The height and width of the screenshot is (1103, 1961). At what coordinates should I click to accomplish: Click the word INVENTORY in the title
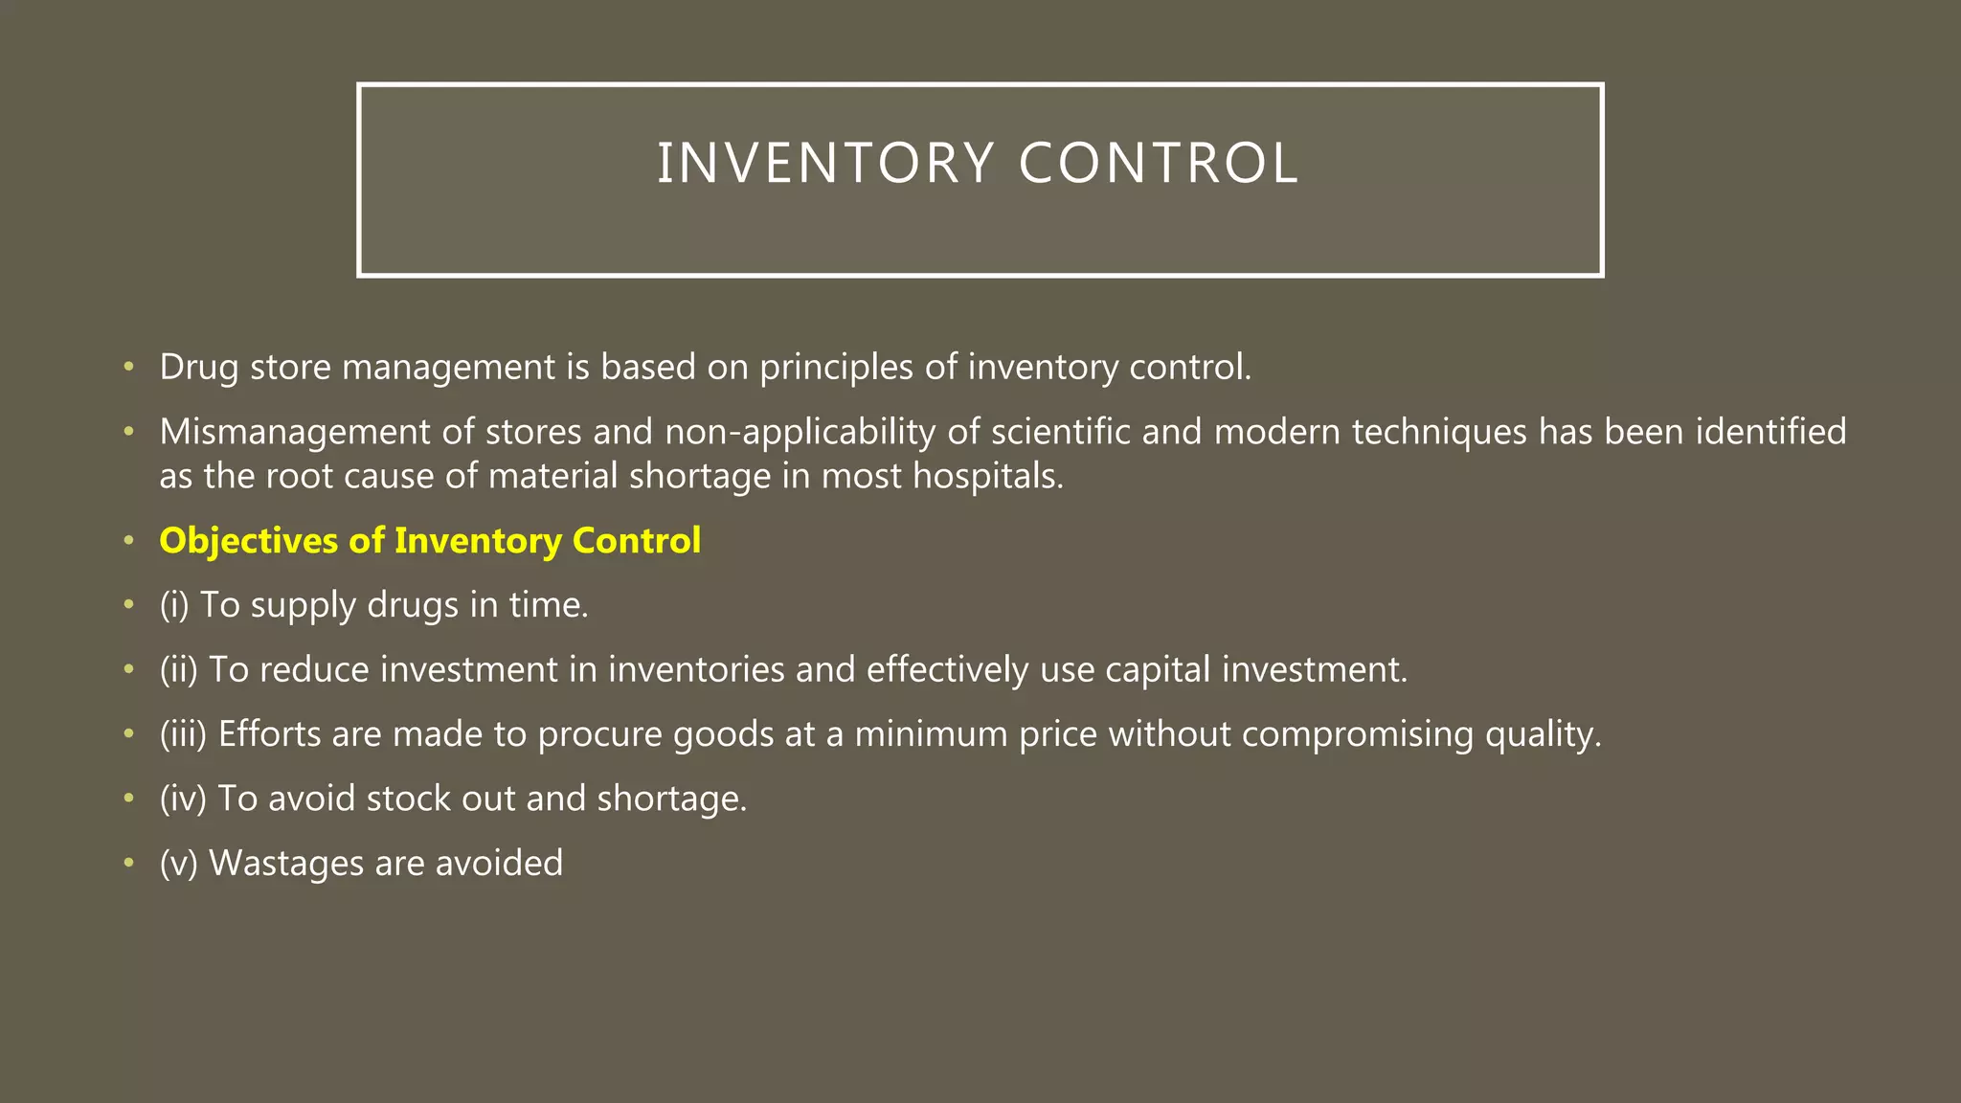pyautogui.click(x=825, y=163)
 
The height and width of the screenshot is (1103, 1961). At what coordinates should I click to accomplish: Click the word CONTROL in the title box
pyautogui.click(x=1159, y=163)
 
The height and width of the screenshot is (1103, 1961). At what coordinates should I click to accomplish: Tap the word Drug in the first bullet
pyautogui.click(x=198, y=368)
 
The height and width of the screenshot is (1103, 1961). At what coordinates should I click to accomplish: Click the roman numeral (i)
pyautogui.click(x=174, y=605)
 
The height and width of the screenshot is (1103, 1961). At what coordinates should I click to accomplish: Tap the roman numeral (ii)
pyautogui.click(x=179, y=669)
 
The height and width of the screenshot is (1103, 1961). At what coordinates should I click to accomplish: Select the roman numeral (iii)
pyautogui.click(x=184, y=734)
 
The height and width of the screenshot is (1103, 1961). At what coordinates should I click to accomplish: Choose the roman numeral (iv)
pyautogui.click(x=184, y=799)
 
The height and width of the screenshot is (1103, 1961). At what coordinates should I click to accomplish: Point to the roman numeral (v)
pyautogui.click(x=179, y=864)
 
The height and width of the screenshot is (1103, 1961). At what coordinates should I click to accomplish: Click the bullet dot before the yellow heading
pyautogui.click(x=128, y=542)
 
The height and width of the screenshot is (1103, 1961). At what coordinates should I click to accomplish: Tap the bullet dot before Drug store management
pyautogui.click(x=128, y=368)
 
